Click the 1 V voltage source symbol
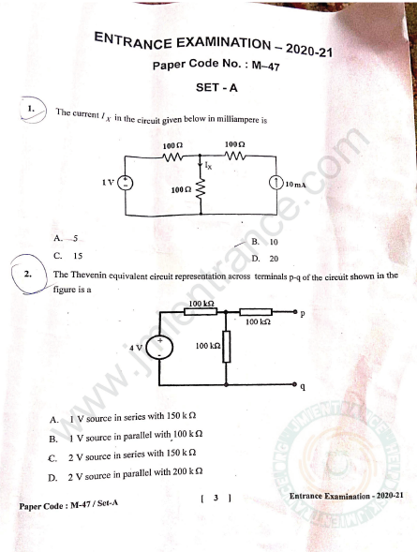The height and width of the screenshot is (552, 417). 125,183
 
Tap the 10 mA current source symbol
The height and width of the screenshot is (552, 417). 276,183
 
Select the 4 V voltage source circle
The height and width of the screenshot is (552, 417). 159,348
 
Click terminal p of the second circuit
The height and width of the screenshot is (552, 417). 296,311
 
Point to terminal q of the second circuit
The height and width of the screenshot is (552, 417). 295,384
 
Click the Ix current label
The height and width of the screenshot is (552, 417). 208,166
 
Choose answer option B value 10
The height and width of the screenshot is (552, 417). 274,242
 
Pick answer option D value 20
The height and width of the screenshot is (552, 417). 274,259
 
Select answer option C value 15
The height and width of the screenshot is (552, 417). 78,256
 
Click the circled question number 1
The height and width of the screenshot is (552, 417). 31,109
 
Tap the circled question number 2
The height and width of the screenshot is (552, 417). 28,274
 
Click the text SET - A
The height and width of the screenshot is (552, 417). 216,87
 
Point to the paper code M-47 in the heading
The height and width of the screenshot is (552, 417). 266,65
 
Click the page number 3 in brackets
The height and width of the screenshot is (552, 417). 216,498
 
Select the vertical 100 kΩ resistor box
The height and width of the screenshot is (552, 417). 227,347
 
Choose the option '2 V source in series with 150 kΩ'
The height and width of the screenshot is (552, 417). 132,455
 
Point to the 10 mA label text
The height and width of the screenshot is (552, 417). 295,184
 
